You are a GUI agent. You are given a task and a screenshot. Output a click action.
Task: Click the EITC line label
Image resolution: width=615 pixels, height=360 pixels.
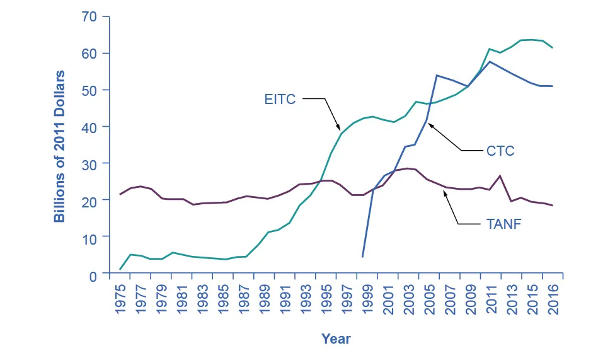280,99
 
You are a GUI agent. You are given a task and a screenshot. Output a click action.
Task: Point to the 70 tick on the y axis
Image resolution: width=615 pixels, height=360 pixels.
91,16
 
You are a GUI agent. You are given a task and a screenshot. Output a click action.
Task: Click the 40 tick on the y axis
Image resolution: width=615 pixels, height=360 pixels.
91,127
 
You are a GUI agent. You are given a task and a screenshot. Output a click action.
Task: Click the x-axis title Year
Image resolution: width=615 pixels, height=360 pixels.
336,339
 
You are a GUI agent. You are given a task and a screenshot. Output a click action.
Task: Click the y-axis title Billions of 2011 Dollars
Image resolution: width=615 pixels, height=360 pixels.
59,146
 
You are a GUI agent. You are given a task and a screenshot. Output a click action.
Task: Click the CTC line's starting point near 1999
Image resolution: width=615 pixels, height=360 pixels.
362,257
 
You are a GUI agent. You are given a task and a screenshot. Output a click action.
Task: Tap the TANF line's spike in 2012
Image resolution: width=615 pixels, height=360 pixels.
500,175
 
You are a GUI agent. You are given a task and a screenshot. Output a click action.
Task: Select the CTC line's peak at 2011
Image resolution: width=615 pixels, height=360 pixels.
490,61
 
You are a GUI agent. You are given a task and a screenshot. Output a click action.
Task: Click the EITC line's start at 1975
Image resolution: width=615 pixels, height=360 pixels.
120,269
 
